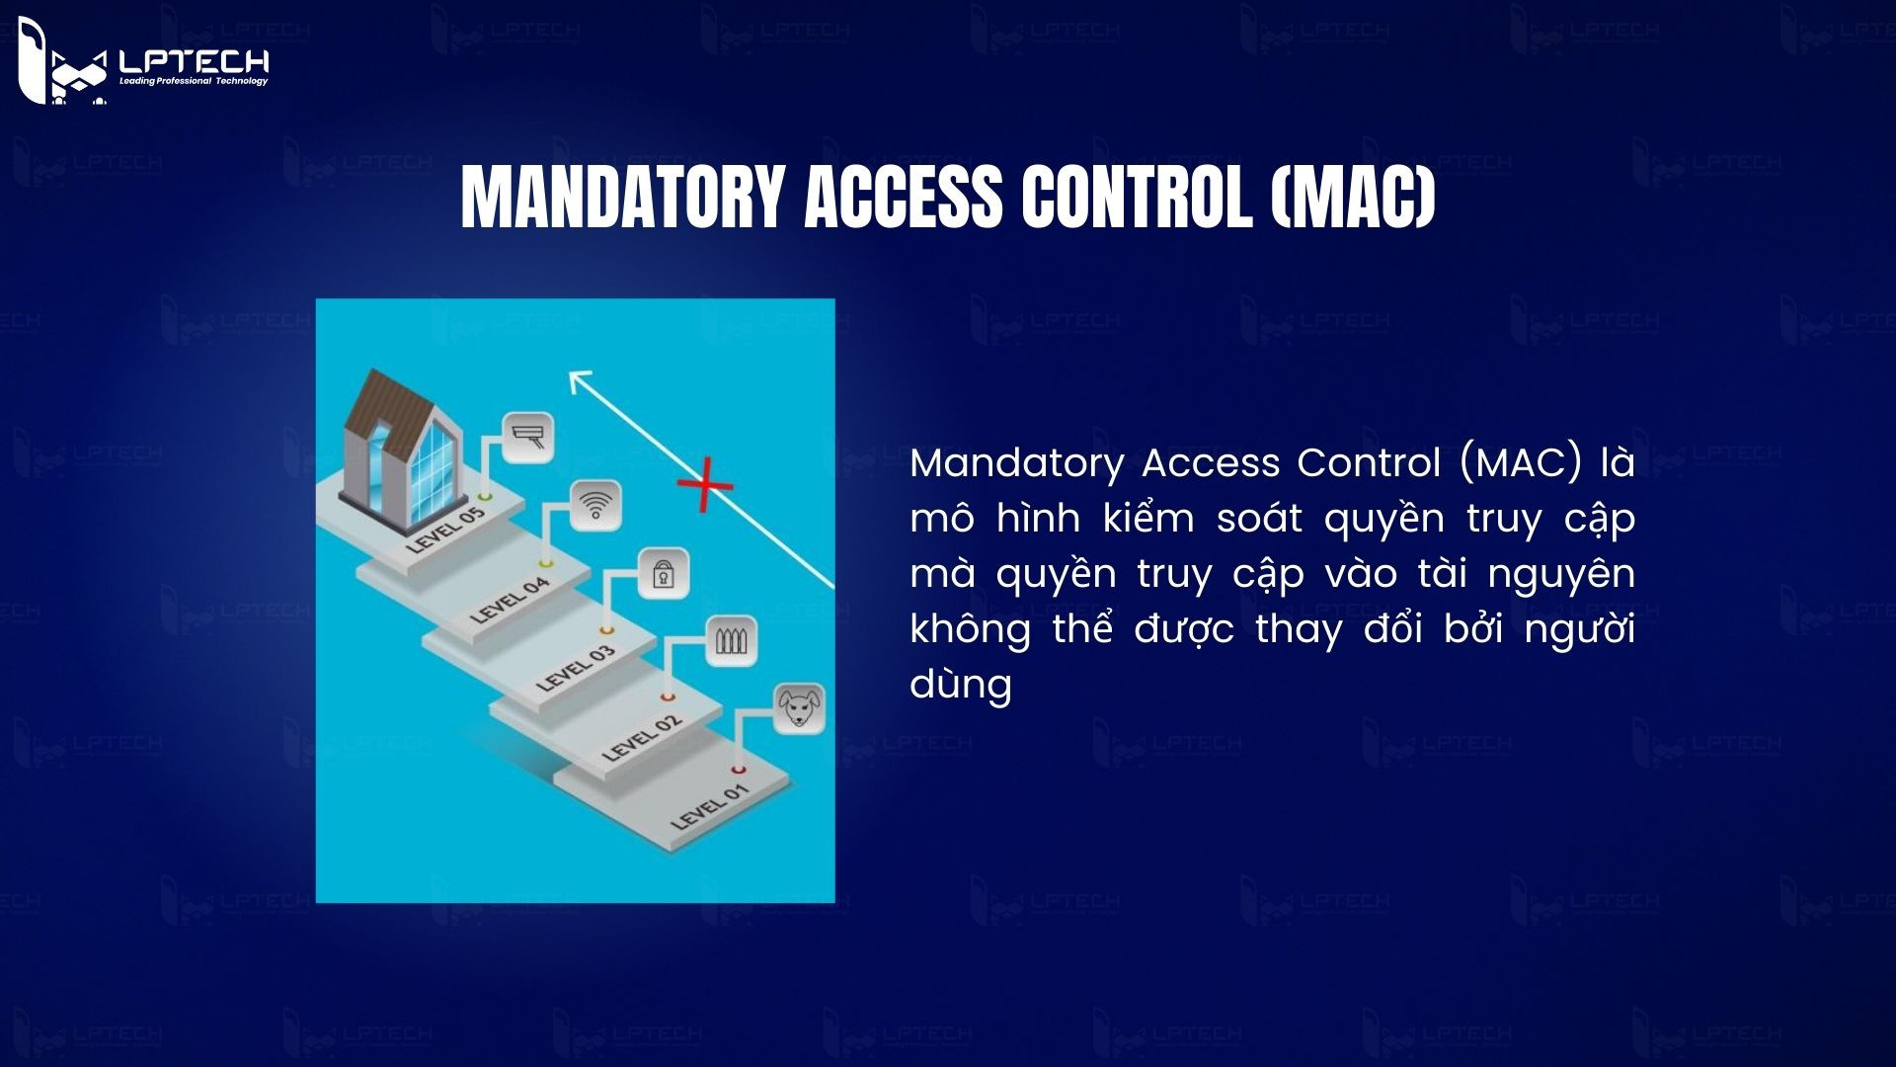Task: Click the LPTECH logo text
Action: tap(193, 61)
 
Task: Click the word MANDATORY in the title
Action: tap(622, 198)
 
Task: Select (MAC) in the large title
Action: tap(1352, 198)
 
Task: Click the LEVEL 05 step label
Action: tap(446, 530)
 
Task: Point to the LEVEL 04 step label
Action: tap(510, 600)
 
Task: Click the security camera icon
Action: tap(528, 437)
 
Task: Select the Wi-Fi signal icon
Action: tap(595, 505)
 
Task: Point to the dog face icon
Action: tap(798, 707)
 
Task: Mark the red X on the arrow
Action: tap(705, 485)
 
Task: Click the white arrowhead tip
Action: tap(573, 373)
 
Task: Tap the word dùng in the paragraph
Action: tap(961, 684)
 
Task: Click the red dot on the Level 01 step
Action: tap(738, 770)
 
